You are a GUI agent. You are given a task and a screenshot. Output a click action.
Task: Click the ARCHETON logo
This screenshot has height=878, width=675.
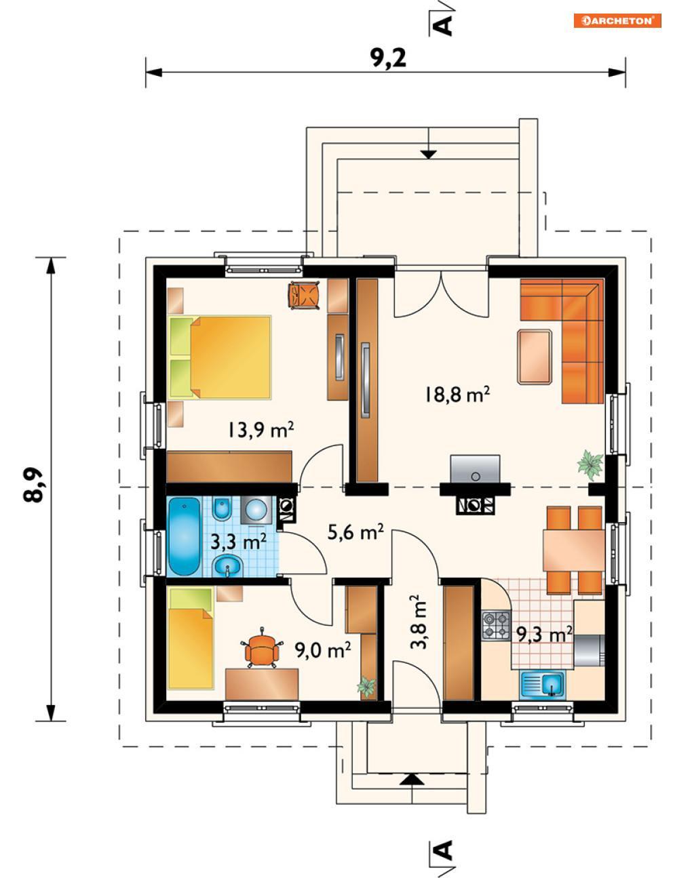[617, 20]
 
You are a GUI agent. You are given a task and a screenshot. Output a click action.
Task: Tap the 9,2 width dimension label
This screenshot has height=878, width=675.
[389, 58]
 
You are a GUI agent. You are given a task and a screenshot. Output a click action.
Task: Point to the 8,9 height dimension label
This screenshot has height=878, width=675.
[33, 485]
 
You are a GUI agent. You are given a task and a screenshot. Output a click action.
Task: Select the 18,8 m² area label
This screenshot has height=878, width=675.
[457, 395]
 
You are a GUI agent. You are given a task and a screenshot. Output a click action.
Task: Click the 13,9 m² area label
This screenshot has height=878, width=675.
[261, 429]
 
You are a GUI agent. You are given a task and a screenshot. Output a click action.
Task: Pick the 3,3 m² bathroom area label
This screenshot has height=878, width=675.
[239, 542]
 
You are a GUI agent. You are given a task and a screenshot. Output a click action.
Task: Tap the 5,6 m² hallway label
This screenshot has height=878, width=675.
[355, 532]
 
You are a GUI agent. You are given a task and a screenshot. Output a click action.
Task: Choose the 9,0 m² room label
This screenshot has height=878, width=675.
[322, 650]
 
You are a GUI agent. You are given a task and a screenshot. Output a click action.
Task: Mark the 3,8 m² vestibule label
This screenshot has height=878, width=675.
[419, 622]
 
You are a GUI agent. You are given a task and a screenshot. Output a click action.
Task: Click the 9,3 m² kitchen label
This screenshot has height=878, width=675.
[545, 635]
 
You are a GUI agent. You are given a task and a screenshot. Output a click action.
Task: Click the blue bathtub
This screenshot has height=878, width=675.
[184, 536]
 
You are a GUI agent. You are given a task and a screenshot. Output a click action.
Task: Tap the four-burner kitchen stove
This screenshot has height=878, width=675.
[497, 624]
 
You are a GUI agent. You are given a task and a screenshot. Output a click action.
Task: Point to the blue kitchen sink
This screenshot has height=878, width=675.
[543, 683]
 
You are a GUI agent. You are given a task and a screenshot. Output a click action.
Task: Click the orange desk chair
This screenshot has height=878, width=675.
[263, 647]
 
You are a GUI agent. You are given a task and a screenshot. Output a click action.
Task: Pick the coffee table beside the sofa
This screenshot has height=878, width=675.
[535, 357]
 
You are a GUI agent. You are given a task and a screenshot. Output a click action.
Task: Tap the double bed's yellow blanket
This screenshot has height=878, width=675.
[231, 357]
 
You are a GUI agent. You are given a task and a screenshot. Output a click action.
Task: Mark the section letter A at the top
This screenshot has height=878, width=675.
[444, 26]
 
